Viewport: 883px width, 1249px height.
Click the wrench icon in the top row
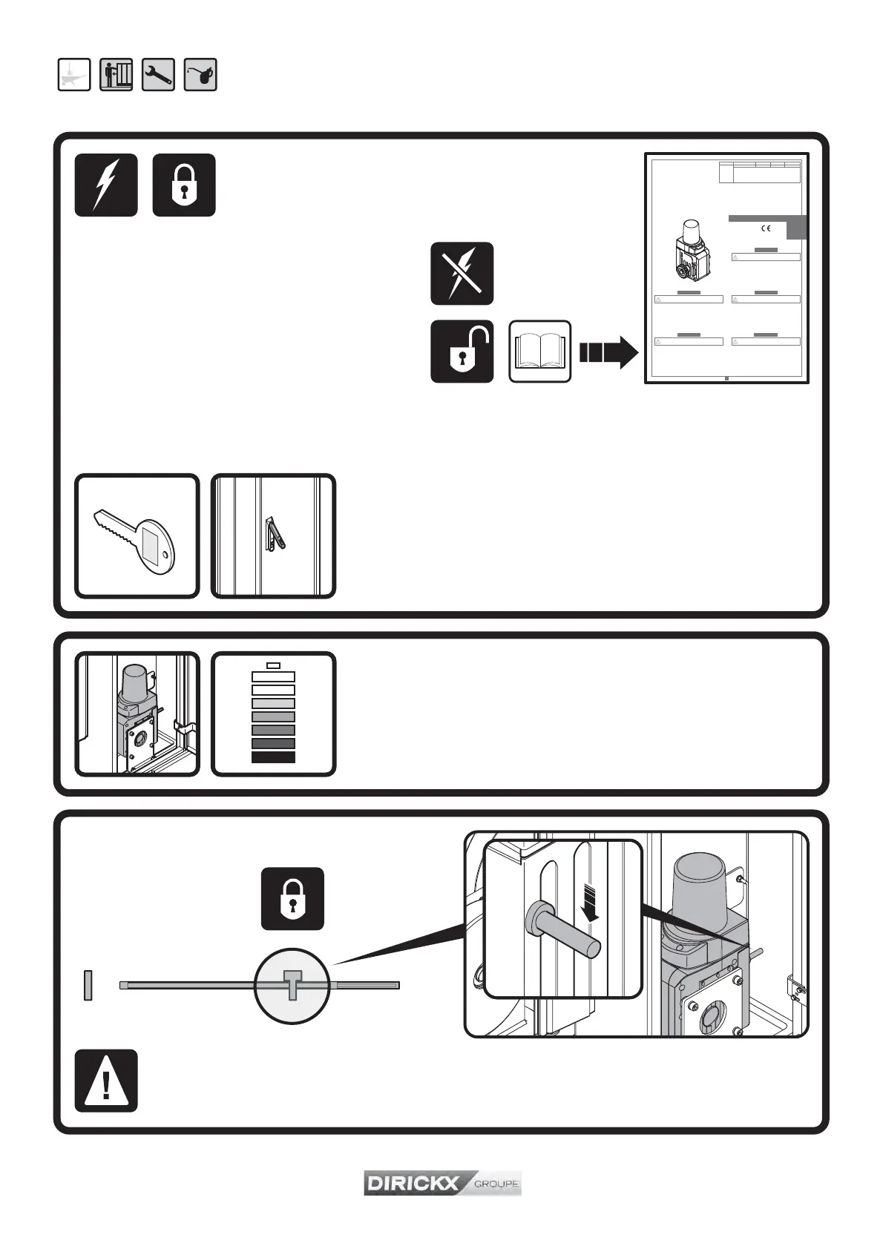[158, 75]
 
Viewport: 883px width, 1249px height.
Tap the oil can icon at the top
[200, 75]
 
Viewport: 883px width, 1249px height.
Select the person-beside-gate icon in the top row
[116, 75]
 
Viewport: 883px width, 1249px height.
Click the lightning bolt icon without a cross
[106, 185]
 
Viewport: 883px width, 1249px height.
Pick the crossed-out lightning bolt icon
[462, 273]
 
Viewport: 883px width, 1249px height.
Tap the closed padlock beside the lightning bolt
[184, 185]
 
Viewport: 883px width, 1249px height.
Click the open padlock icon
[462, 352]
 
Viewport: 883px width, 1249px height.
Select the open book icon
[540, 352]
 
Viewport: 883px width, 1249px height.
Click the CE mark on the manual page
[767, 229]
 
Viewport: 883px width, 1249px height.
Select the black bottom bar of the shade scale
[274, 757]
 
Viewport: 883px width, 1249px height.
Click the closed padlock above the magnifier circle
[292, 898]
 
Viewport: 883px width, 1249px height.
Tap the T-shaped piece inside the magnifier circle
[292, 983]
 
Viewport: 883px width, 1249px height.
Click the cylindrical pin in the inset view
[563, 930]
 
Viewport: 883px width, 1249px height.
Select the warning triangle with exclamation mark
[106, 1081]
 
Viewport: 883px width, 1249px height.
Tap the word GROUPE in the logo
[496, 1184]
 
